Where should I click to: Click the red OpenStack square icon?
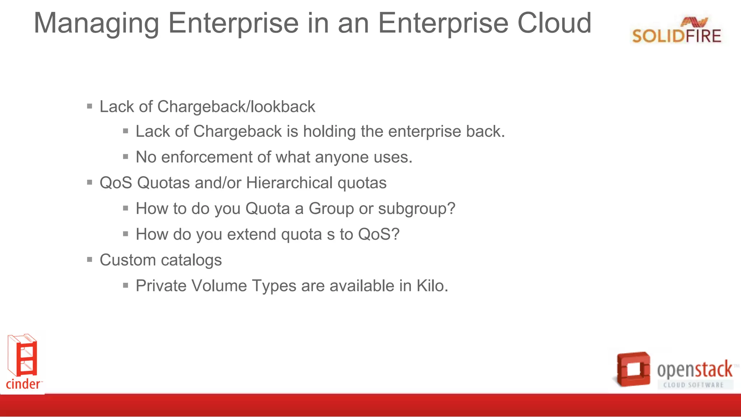634,369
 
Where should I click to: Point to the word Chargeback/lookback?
236,107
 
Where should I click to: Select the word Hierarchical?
289,183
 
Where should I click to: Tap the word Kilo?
432,286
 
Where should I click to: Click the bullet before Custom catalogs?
90,260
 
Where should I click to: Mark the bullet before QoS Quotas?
90,182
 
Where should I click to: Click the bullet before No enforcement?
126,157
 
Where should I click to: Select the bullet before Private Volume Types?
126,285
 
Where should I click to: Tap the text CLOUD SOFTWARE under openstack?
693,385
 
